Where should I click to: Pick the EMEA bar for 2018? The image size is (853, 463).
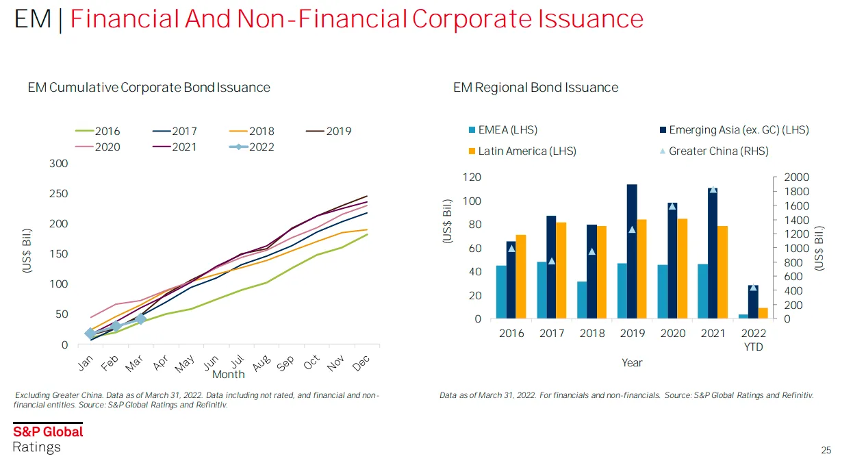[x=582, y=300]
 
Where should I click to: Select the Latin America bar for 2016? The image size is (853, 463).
[x=521, y=277]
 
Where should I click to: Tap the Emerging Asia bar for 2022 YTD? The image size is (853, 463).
[x=753, y=302]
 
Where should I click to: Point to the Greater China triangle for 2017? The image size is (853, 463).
[x=552, y=261]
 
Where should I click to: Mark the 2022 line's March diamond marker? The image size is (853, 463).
[x=141, y=318]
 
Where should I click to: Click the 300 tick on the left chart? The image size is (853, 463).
[x=59, y=163]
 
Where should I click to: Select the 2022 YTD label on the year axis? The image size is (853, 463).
[x=754, y=340]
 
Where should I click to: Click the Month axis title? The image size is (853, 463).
[x=228, y=375]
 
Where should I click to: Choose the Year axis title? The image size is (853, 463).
[x=632, y=362]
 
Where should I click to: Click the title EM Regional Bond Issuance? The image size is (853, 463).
[x=535, y=88]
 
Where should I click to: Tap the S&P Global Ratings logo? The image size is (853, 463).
[x=48, y=439]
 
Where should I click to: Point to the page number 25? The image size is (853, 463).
[x=826, y=451]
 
